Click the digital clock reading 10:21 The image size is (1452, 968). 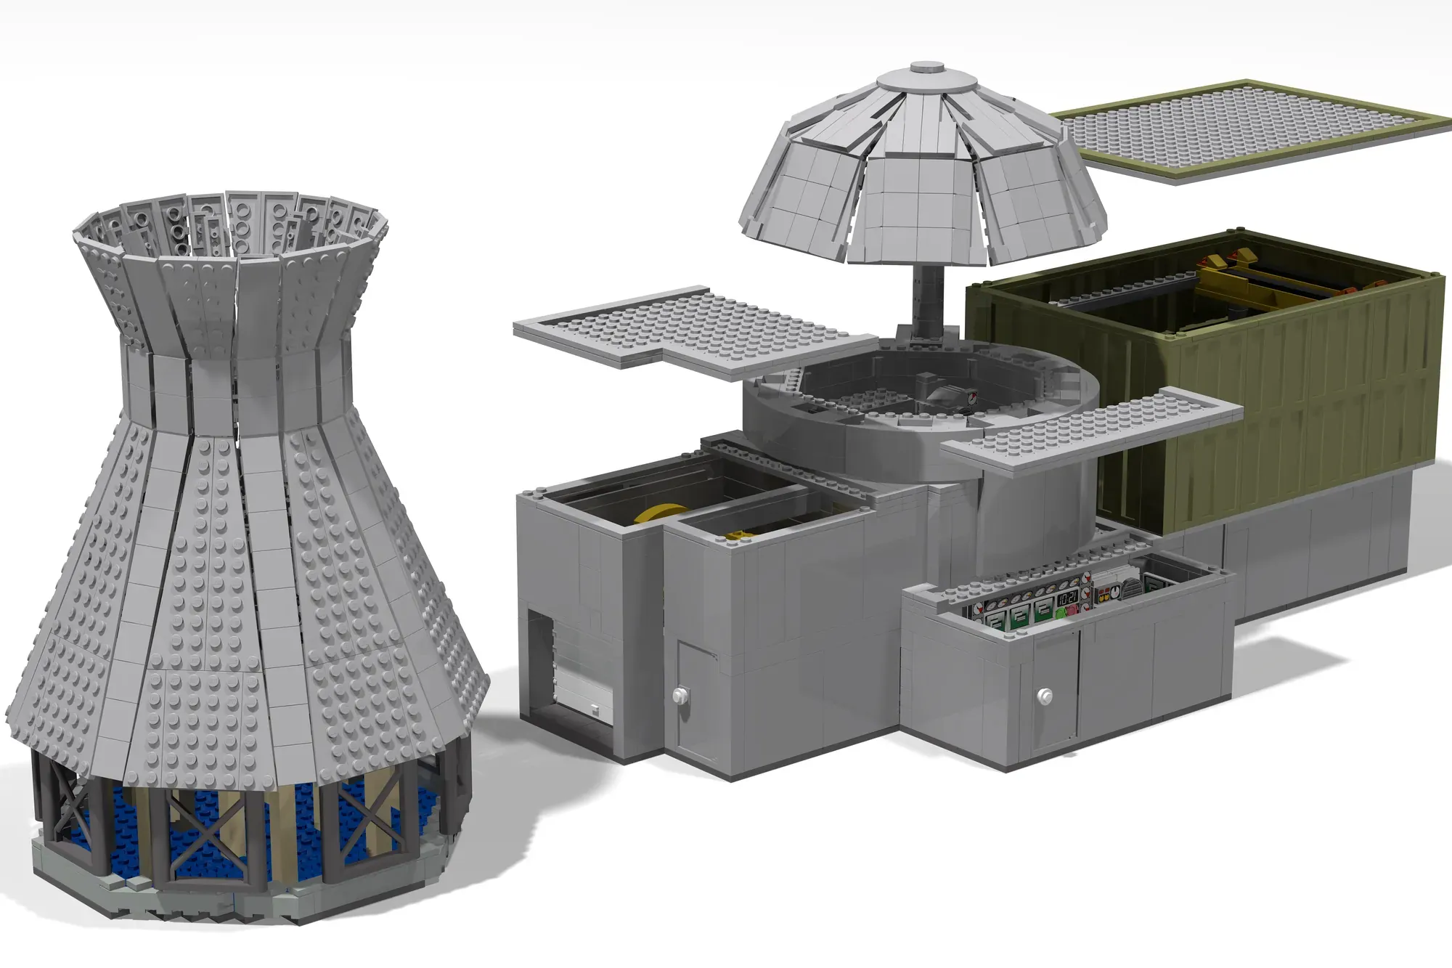(1067, 598)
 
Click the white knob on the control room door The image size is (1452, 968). (1044, 696)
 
